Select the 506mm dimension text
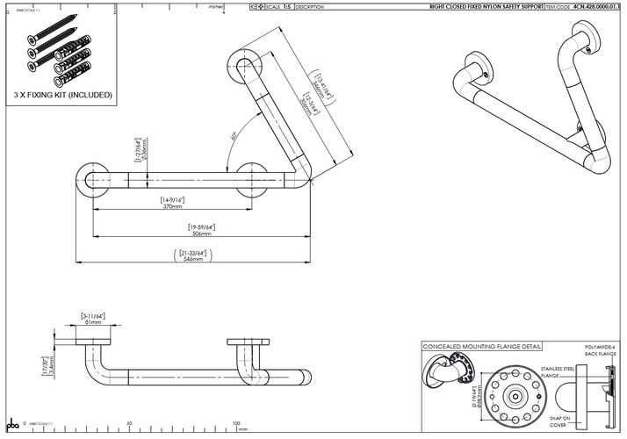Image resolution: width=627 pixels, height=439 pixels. tap(201, 234)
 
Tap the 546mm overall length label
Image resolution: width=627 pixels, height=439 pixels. tap(191, 262)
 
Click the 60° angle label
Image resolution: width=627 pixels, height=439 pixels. tap(234, 136)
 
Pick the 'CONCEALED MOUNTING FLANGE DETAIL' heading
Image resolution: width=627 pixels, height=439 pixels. tap(481, 347)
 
